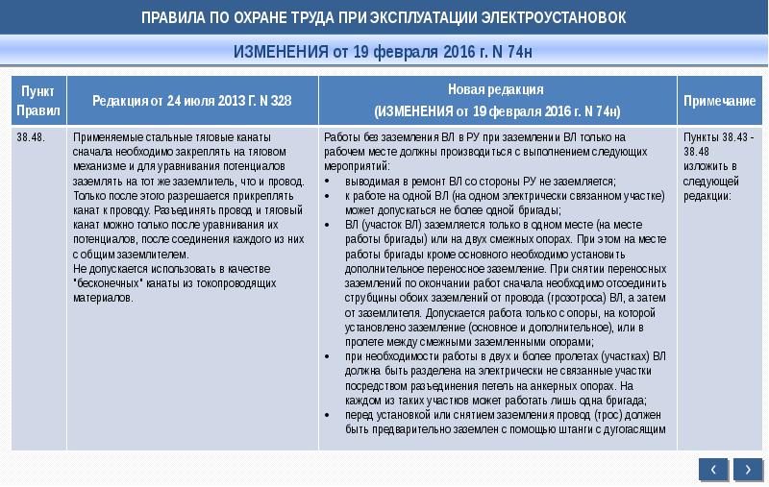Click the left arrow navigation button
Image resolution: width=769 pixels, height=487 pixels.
coord(712,468)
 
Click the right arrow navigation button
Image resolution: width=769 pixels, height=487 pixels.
coord(747,468)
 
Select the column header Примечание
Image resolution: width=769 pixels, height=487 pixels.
coord(719,101)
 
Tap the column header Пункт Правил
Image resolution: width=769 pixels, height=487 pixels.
coord(38,100)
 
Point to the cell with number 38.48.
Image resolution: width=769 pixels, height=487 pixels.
coord(30,136)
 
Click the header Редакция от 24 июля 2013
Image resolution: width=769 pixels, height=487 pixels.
coord(191,101)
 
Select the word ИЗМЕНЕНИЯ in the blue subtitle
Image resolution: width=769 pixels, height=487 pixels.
coord(281,51)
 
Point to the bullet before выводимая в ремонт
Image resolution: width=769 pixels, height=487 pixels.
coord(329,180)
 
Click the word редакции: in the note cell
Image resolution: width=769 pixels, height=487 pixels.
coord(707,195)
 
